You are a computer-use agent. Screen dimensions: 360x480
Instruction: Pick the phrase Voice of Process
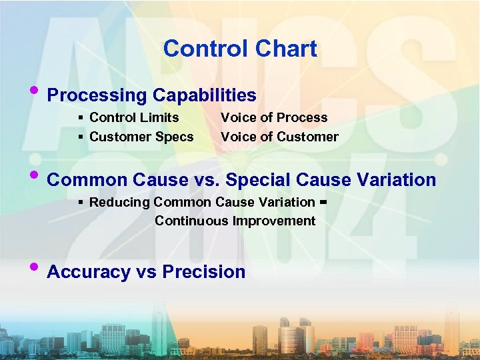click(274, 117)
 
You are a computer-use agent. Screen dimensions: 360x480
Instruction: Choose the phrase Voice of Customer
click(279, 137)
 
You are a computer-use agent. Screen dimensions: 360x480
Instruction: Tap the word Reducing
click(119, 202)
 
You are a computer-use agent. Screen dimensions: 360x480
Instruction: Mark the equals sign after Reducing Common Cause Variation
click(323, 201)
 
